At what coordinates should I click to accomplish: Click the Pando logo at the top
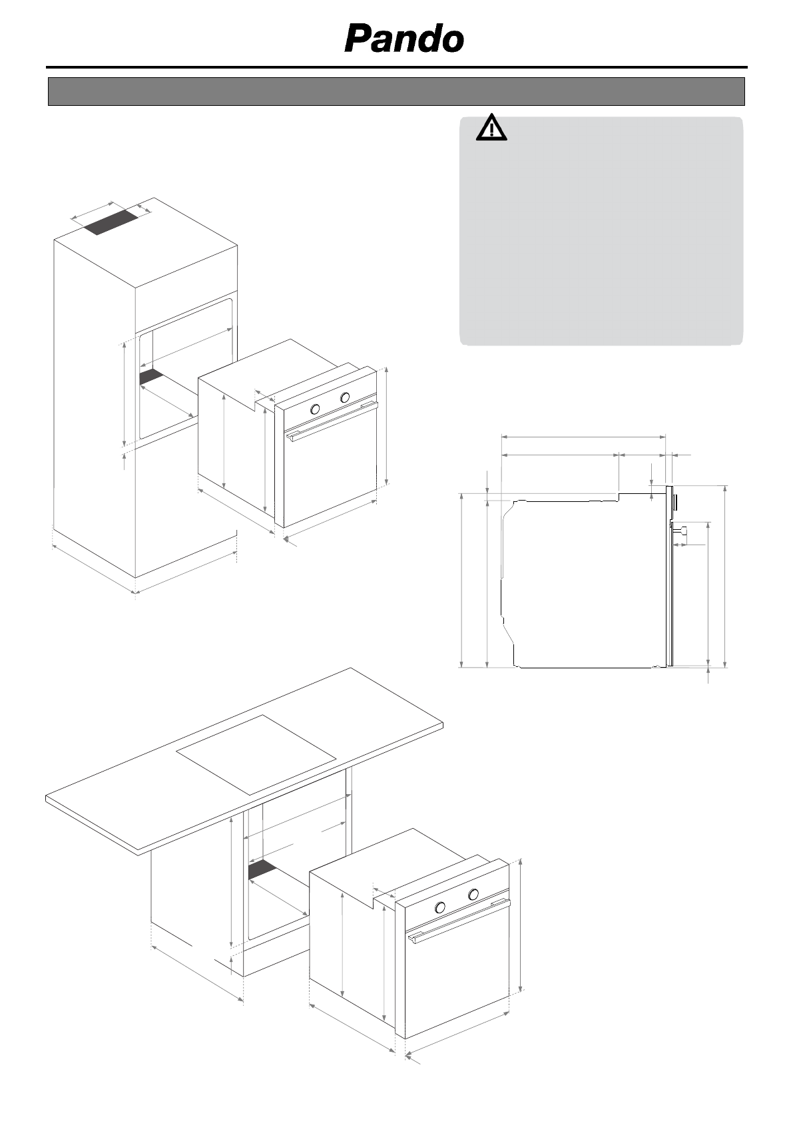point(403,39)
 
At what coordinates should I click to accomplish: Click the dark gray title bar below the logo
point(396,92)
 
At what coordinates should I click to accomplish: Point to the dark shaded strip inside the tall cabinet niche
point(151,376)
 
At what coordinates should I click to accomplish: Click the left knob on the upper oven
point(316,409)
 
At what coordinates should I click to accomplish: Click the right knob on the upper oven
point(345,397)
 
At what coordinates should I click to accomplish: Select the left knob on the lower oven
point(440,907)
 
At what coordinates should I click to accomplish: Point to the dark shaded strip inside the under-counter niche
point(262,869)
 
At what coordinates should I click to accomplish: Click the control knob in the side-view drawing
point(674,499)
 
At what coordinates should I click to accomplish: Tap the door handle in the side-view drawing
point(682,531)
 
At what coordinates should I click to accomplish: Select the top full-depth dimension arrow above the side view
point(583,437)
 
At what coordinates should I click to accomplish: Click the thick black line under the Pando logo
point(396,67)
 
